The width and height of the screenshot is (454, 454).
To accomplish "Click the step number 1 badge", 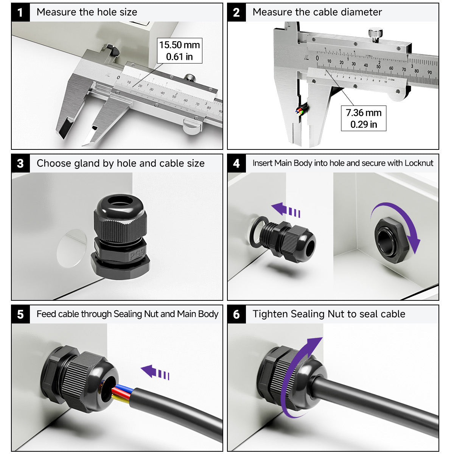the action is tap(20, 12).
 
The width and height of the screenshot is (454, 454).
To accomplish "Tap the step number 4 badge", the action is tap(236, 163).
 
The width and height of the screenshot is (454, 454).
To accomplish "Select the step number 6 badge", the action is tap(236, 314).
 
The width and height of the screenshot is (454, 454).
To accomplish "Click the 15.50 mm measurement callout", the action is tap(180, 51).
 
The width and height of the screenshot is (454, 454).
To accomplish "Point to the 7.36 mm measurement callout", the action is tap(364, 118).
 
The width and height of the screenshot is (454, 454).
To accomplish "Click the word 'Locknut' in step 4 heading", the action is tap(419, 163).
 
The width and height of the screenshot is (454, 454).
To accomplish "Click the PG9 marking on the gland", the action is tap(137, 253).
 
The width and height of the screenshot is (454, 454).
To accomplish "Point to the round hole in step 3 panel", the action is tap(72, 248).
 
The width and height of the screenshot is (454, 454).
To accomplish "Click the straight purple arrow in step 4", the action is tap(286, 209).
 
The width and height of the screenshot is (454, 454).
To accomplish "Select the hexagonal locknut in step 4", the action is tap(391, 240).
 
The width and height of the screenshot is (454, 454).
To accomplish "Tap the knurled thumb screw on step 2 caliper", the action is tap(376, 35).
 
